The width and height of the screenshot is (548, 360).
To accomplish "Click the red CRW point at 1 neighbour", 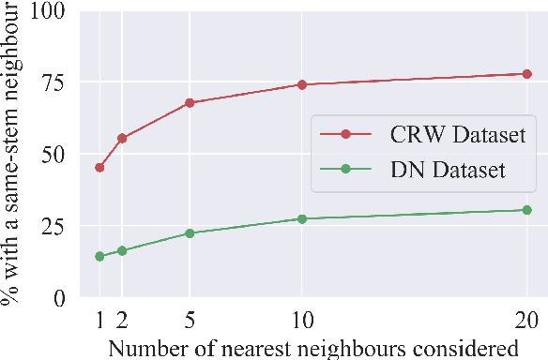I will (x=99, y=168).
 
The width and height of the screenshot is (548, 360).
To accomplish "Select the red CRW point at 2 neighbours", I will (x=122, y=139).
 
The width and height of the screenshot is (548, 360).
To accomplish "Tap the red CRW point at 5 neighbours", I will (x=190, y=102).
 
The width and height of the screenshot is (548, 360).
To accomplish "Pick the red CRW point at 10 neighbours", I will (x=302, y=84).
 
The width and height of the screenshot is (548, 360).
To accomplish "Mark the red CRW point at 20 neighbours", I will (x=527, y=74).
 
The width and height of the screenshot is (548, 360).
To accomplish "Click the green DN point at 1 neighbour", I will (x=99, y=256).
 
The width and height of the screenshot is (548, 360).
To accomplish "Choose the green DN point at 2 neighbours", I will (x=122, y=250).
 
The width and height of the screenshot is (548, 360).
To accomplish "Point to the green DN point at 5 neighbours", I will (x=190, y=233).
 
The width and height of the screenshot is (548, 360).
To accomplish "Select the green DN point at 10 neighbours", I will (x=302, y=218).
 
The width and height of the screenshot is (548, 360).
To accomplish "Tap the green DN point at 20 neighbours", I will (x=527, y=210).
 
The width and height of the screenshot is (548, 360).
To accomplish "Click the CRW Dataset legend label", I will (x=456, y=135).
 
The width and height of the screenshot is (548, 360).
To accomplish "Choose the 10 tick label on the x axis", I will (x=302, y=319).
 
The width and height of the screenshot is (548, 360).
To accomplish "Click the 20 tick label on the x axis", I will (x=527, y=319).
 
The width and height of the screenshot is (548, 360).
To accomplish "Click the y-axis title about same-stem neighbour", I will (x=13, y=156).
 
